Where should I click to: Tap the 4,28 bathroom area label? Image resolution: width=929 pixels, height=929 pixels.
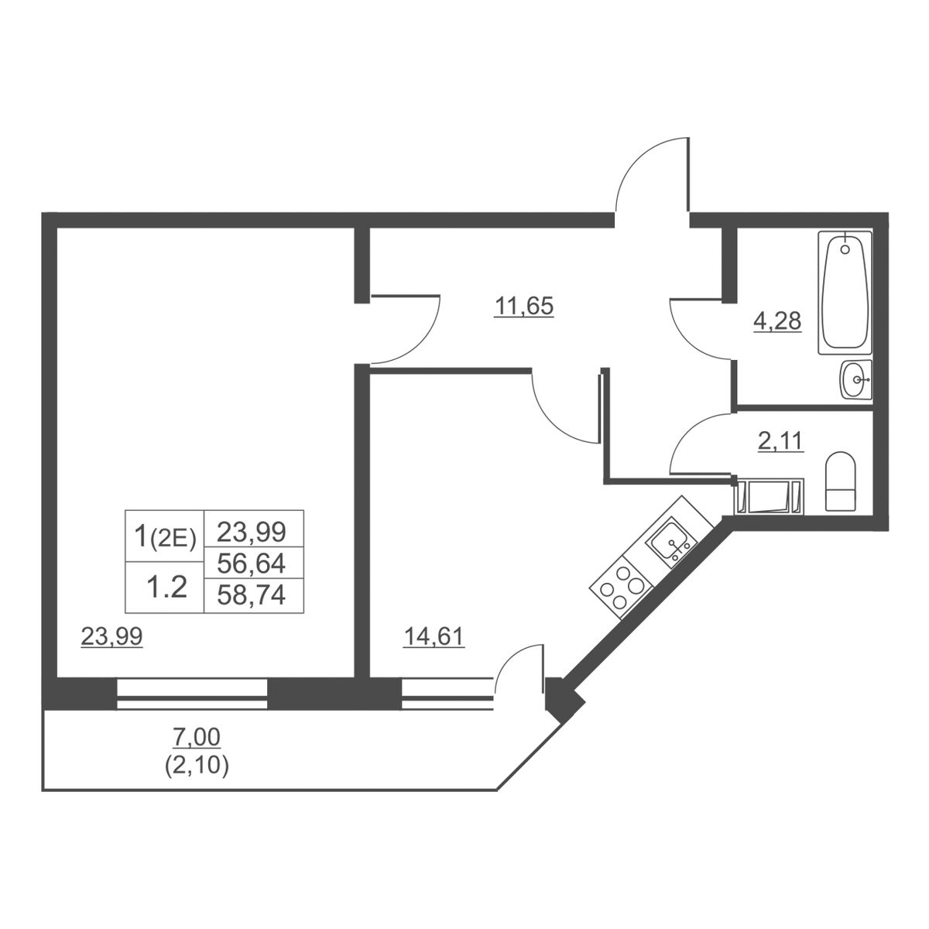pos(777,321)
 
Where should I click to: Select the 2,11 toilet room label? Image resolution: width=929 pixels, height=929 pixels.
pos(780,441)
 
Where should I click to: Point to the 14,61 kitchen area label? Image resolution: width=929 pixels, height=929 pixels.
pos(434,636)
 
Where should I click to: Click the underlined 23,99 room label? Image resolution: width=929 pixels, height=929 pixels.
pos(111,636)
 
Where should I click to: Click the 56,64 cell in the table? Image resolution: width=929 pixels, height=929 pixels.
pos(251,563)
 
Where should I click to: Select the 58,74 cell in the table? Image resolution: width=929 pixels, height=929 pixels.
pos(251,595)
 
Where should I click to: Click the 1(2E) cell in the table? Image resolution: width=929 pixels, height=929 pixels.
pos(165,536)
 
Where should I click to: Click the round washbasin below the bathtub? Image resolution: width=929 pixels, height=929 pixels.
pos(855,379)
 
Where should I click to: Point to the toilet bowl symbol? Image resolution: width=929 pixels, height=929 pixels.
pos(840,481)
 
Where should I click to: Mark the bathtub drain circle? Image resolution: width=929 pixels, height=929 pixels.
pos(845,249)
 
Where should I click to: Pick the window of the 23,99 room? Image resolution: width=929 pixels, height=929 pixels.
pos(192,694)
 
